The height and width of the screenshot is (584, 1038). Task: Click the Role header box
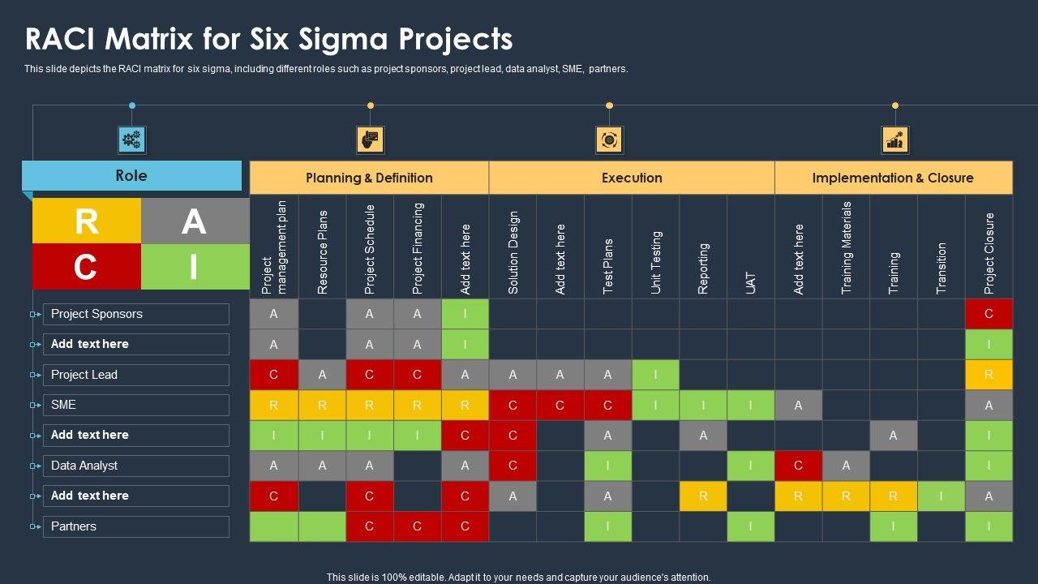tap(131, 176)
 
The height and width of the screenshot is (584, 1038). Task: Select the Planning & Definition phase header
tap(369, 178)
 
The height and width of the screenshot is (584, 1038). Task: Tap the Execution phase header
tap(632, 178)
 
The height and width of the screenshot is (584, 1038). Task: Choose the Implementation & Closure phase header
tap(893, 178)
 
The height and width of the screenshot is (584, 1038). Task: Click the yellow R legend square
tap(87, 221)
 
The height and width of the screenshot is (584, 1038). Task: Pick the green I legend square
tap(195, 267)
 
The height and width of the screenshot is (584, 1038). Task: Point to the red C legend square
tap(87, 267)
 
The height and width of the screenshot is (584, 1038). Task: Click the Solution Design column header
tap(513, 251)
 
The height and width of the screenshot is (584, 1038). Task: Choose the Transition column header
tap(941, 268)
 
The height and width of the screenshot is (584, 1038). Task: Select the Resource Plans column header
tap(322, 251)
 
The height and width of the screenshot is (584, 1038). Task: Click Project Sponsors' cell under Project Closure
tap(989, 314)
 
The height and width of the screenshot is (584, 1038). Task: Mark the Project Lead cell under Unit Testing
tap(655, 375)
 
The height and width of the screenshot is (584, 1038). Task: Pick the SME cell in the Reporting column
tap(703, 405)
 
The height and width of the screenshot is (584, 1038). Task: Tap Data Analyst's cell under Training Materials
tap(846, 466)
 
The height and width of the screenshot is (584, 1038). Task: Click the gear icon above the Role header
tap(131, 140)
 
